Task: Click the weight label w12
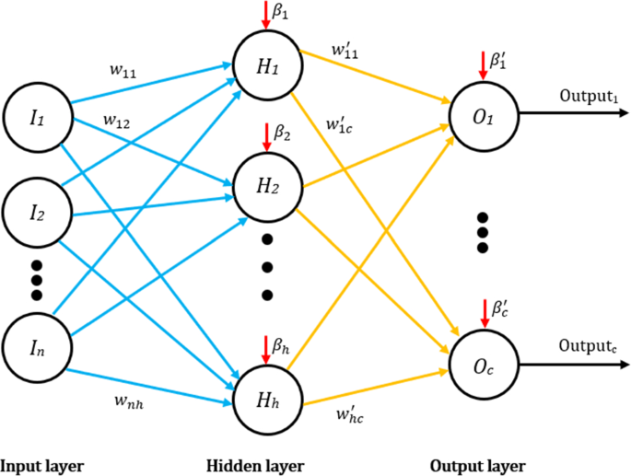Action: pyautogui.click(x=116, y=121)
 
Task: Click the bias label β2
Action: pyautogui.click(x=282, y=136)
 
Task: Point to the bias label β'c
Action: pyautogui.click(x=498, y=312)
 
